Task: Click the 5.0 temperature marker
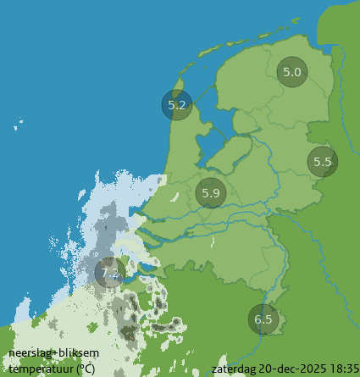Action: pos(292,72)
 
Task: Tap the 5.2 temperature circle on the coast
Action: pos(177,106)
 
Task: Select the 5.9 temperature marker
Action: pos(211,193)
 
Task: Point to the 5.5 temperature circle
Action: pos(322,162)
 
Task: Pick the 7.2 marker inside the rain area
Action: pos(109,273)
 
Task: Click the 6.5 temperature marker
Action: pos(263,319)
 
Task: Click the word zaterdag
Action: pos(235,369)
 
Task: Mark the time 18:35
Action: pos(344,369)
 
